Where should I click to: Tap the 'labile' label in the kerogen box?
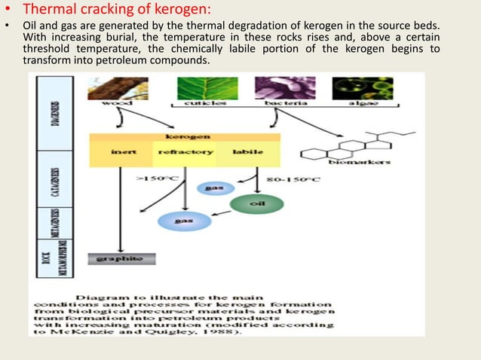click(248, 152)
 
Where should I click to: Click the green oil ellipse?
click(257, 203)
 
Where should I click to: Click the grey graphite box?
click(122, 258)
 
